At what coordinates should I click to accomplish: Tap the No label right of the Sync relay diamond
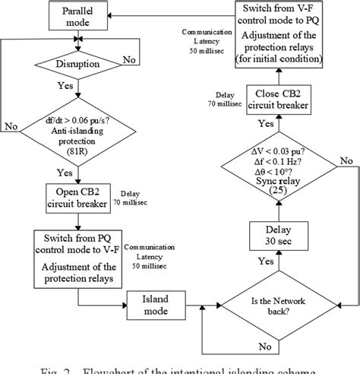346,160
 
